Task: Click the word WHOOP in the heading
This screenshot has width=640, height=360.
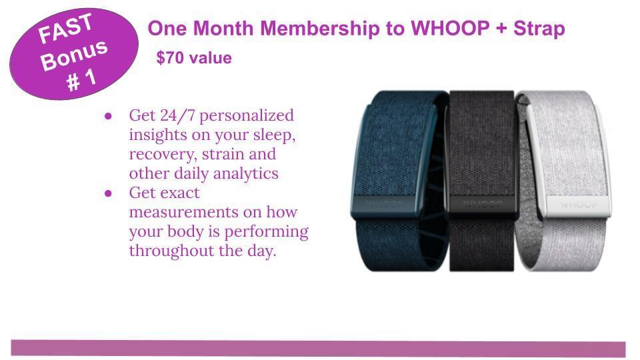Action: (x=450, y=28)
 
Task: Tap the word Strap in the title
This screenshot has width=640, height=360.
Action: (x=539, y=29)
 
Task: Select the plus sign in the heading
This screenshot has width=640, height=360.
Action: (x=501, y=29)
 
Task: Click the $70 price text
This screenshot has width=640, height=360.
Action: (x=170, y=58)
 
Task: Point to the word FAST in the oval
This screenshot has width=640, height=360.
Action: (x=65, y=28)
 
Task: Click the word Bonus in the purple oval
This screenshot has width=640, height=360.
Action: (x=74, y=55)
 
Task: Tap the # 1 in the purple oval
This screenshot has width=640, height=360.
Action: (x=81, y=79)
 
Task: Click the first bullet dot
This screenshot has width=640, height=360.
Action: (x=108, y=116)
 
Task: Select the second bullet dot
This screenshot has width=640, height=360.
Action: (x=108, y=193)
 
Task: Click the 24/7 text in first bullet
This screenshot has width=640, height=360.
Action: (x=178, y=115)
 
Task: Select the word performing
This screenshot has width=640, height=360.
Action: (x=266, y=232)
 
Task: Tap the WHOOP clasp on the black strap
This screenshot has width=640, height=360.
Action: (x=483, y=205)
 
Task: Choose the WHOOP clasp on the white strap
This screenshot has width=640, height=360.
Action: (x=579, y=205)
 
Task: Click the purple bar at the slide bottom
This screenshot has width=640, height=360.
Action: (x=318, y=348)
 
